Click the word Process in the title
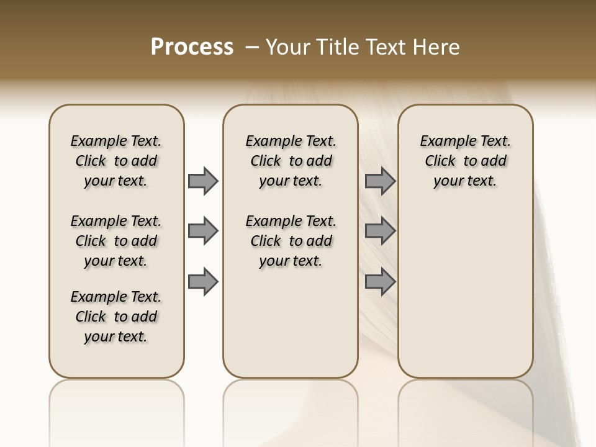tap(192, 47)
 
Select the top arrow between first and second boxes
tap(203, 181)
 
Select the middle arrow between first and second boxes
tap(203, 231)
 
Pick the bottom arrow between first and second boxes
tap(203, 281)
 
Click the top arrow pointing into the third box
tap(380, 181)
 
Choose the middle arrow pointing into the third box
tap(380, 231)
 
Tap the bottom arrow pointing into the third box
tap(380, 281)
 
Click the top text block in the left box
tap(116, 161)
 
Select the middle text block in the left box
tap(116, 241)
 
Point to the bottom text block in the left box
tap(116, 317)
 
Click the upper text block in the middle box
tap(291, 161)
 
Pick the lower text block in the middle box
tap(291, 241)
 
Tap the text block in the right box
tap(465, 161)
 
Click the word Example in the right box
tap(443, 142)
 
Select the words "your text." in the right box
tap(465, 181)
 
